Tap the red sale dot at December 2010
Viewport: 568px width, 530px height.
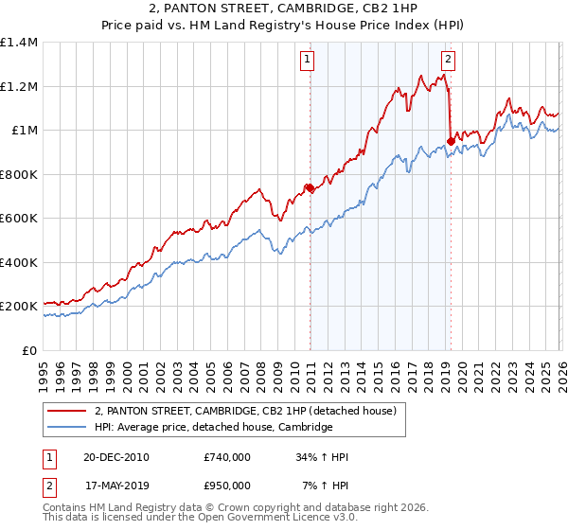click(310, 188)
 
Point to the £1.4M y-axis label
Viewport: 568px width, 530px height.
click(19, 43)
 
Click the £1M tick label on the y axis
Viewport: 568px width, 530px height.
click(25, 131)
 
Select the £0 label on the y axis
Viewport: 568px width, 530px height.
click(30, 350)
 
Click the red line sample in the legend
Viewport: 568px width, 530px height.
click(67, 411)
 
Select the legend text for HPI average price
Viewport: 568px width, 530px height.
click(213, 428)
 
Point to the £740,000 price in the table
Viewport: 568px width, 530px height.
click(227, 457)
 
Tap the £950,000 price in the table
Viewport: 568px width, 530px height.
click(227, 486)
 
